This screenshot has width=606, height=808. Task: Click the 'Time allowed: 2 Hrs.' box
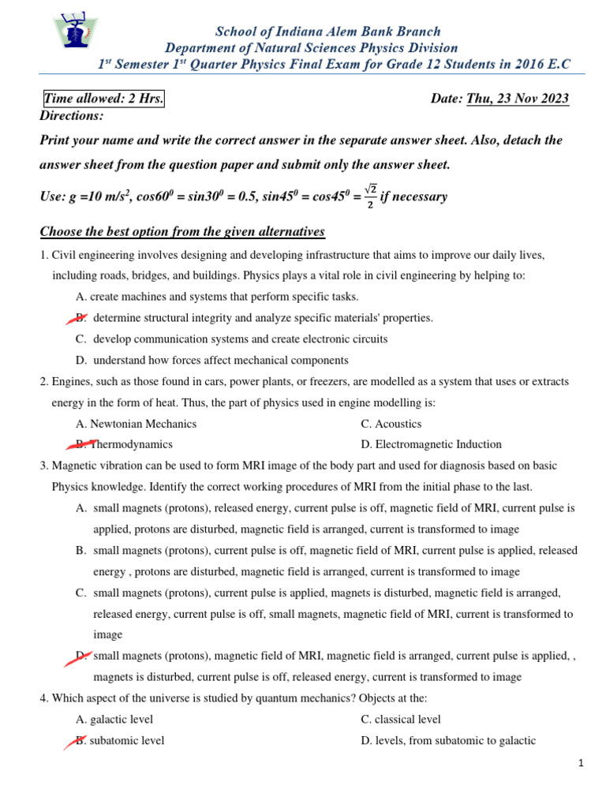(x=103, y=99)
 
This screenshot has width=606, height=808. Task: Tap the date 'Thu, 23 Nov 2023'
(x=518, y=99)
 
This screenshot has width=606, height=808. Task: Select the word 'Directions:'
(x=72, y=116)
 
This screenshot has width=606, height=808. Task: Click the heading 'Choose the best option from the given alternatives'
(x=182, y=232)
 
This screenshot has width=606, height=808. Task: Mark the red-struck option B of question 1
(x=78, y=317)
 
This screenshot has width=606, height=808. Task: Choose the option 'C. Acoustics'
(x=391, y=424)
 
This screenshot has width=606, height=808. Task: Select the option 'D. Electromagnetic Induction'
(x=431, y=444)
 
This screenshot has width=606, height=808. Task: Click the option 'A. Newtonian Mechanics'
(x=136, y=424)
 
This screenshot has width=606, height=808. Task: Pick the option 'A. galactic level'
(x=114, y=719)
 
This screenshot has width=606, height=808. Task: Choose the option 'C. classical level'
(x=401, y=719)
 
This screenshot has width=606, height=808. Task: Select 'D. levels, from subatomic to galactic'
(x=448, y=740)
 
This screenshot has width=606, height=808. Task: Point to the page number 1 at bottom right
(x=580, y=763)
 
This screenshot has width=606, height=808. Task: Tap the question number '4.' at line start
(x=44, y=698)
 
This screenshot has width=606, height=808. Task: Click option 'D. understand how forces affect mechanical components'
(x=212, y=360)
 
